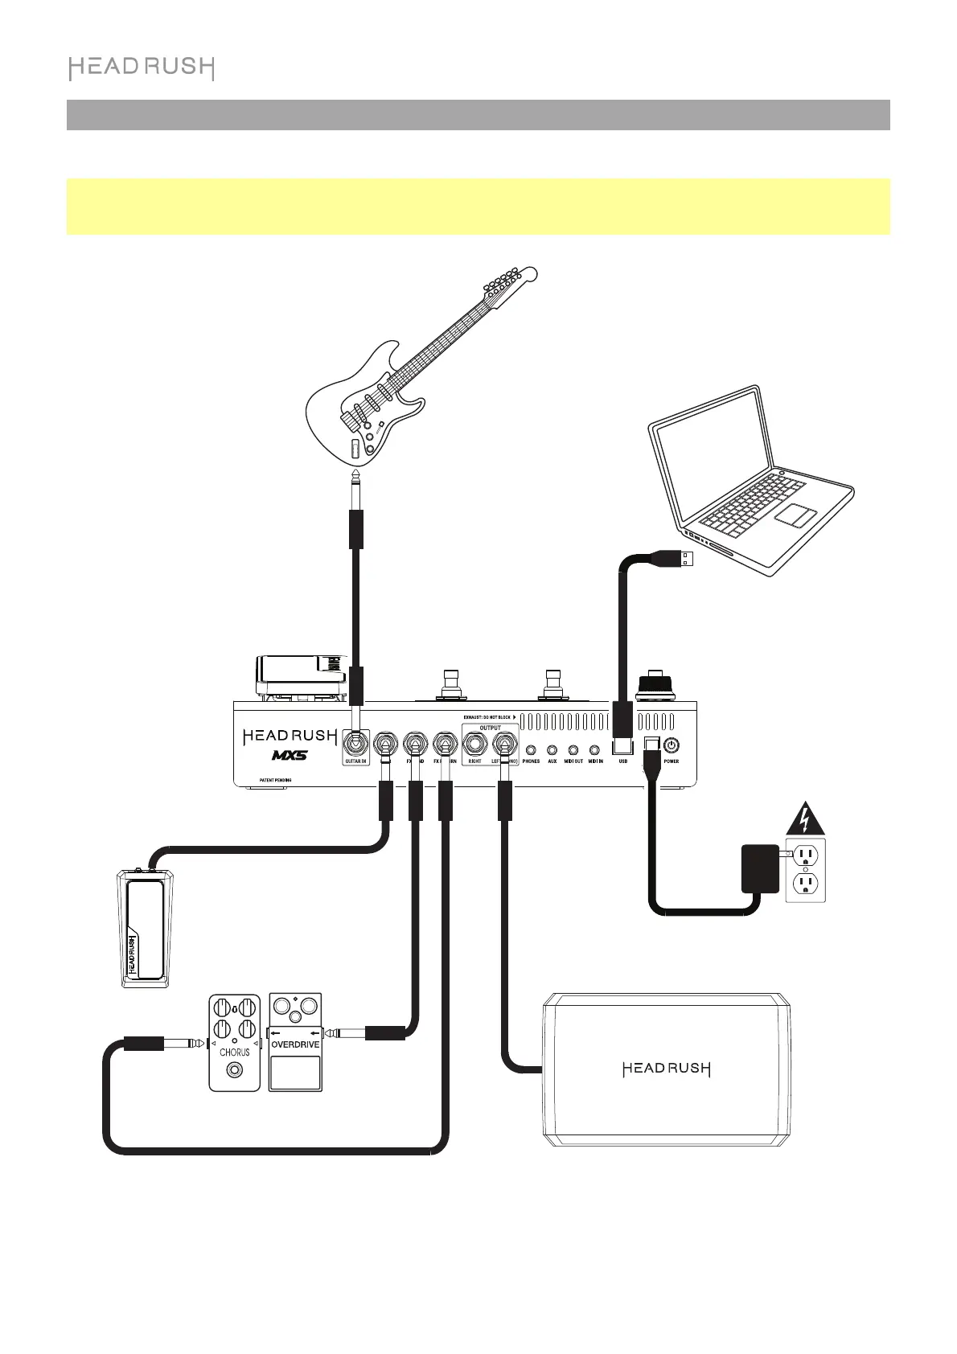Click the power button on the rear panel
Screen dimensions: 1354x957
[x=671, y=745]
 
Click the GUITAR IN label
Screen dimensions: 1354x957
[x=355, y=761]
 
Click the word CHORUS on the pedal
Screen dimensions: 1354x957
[x=235, y=1052]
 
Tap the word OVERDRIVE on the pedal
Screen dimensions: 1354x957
[x=295, y=1044]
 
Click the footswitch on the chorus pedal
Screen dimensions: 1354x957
[x=235, y=1070]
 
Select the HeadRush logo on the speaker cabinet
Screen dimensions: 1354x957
[x=667, y=1069]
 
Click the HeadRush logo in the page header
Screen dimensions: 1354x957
[x=142, y=68]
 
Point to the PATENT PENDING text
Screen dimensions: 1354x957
[x=274, y=781]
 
